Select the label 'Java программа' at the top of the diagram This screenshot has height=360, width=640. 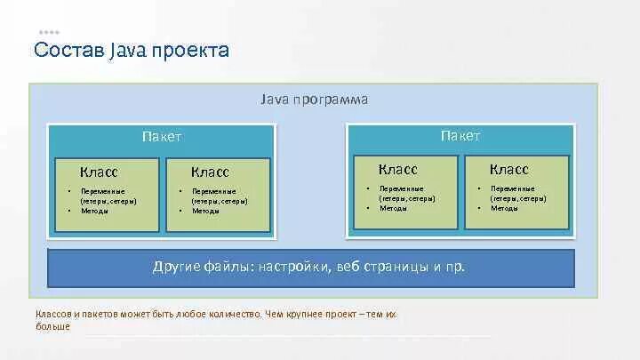[x=314, y=100]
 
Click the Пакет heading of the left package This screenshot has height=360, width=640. [x=161, y=137]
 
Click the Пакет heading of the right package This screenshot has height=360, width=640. [x=460, y=136]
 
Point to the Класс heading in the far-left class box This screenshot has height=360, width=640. [x=99, y=172]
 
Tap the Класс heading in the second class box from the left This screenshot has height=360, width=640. [x=210, y=172]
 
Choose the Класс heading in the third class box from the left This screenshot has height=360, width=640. [x=397, y=169]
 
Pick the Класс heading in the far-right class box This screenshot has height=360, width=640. [x=508, y=169]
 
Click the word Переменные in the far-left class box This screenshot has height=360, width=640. [x=102, y=191]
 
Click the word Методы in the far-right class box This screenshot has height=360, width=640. [x=504, y=208]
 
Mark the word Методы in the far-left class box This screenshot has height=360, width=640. [x=94, y=211]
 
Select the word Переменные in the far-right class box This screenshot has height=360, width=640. [x=512, y=188]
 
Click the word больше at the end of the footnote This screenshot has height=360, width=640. [x=52, y=326]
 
